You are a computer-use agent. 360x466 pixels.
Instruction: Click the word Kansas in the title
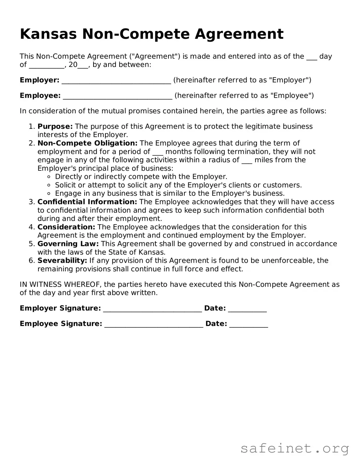click(x=48, y=34)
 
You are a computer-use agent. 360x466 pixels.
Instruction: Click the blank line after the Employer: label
click(x=116, y=81)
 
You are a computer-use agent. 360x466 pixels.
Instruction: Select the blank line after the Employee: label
click(x=118, y=96)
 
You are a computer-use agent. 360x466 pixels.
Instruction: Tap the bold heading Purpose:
click(x=55, y=127)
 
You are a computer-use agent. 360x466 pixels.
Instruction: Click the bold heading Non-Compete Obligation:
click(x=87, y=143)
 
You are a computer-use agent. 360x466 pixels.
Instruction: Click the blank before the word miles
click(x=247, y=160)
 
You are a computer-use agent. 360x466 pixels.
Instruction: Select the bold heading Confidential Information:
click(x=87, y=202)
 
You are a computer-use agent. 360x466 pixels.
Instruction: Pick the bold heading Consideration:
click(x=66, y=227)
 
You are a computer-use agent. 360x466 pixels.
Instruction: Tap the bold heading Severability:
click(x=62, y=261)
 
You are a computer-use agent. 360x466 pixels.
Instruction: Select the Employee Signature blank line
click(x=154, y=324)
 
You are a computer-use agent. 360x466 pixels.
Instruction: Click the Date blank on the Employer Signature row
click(x=247, y=309)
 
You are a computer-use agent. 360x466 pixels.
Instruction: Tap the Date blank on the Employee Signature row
click(x=249, y=324)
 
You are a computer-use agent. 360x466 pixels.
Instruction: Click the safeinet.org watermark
click(x=294, y=448)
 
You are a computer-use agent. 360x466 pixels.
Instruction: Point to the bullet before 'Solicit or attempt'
click(x=49, y=185)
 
